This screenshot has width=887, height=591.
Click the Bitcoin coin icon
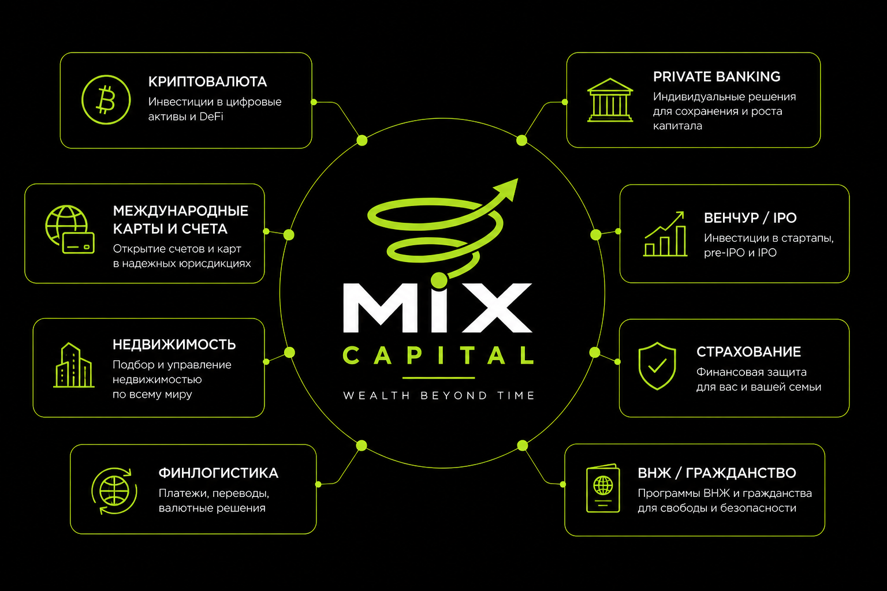coord(106,100)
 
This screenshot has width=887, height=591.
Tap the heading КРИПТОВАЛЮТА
coord(207,81)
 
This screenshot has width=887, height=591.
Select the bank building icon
coord(610,100)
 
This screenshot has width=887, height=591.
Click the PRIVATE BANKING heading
coord(717,76)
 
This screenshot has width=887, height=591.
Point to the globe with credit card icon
coord(70,230)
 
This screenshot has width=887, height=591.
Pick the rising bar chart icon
coord(665,234)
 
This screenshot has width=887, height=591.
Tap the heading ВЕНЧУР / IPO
coord(750,218)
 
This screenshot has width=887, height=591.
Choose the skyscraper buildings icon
coord(74,365)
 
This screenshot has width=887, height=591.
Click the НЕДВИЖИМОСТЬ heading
coord(174,345)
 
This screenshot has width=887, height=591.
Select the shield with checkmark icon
coord(657,366)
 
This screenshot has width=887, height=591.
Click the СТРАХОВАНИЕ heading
coord(748,351)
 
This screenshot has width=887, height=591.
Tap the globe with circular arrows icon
coord(114,491)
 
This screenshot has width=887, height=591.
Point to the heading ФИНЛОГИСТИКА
coord(219,473)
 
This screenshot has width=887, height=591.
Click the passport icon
coord(603,488)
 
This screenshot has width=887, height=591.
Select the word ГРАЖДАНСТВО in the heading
coord(741,473)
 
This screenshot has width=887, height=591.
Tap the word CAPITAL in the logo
coord(438,355)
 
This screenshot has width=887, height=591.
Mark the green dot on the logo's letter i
coord(439,280)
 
